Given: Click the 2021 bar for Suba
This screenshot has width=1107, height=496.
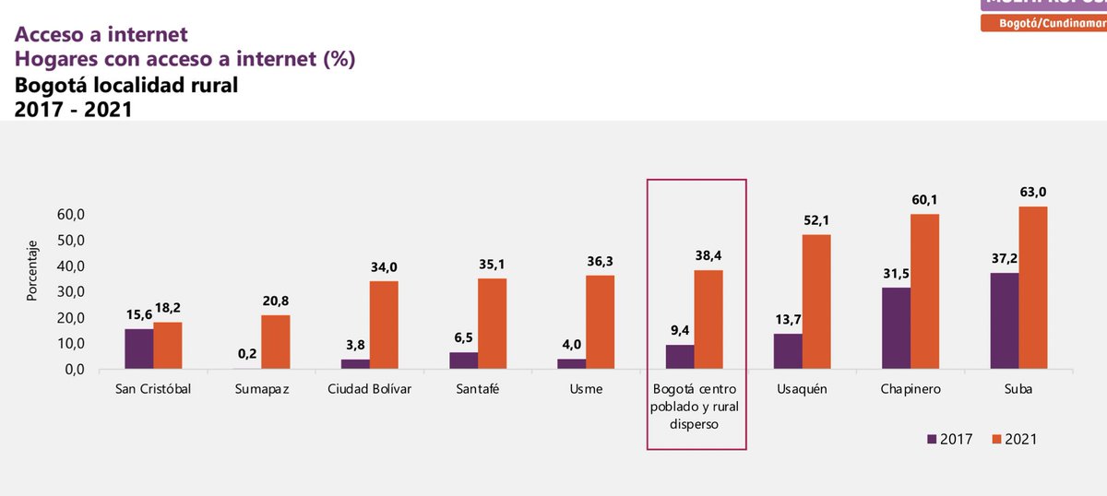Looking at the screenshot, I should coord(1032,288).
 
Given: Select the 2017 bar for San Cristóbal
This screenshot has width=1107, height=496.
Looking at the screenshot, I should coord(139,348).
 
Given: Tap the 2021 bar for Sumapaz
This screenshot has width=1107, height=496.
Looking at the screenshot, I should coord(275,342).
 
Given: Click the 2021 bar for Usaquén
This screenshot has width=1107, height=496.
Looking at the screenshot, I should coord(816,301).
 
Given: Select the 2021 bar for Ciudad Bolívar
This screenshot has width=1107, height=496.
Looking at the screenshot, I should coord(384,325).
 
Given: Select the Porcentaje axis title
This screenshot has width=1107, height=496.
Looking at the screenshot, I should coord(31,271).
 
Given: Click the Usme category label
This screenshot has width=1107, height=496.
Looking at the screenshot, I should coord(586,389).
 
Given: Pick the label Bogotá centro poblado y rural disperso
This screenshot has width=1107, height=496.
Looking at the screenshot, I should coord(696,407).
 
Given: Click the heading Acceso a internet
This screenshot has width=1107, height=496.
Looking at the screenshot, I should coord(101,35).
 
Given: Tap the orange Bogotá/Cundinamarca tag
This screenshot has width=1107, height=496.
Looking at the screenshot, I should coord(1043,22).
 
